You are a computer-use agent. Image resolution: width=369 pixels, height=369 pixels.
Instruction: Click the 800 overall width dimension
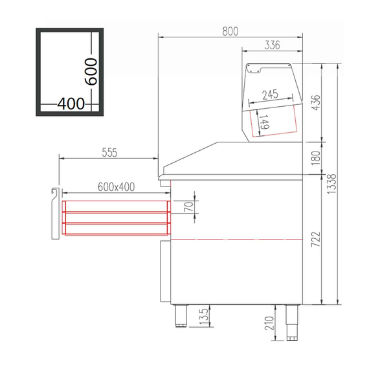230,30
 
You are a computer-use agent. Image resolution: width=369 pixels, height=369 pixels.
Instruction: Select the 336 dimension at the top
273,45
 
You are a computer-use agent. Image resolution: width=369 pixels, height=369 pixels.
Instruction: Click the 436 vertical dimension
315,102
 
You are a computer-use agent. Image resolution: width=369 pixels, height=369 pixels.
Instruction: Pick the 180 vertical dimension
315,158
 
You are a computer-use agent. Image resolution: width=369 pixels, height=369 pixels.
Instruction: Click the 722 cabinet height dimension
315,239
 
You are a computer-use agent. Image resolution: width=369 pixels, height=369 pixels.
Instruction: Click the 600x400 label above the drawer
116,187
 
